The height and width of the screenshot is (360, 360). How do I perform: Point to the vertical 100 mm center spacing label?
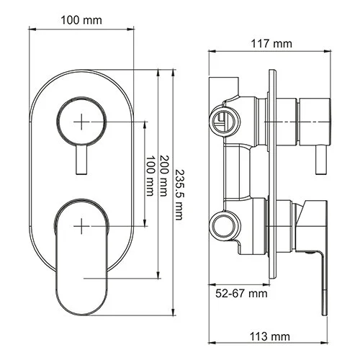[x=151, y=174]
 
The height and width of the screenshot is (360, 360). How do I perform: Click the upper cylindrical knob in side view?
[x=315, y=119]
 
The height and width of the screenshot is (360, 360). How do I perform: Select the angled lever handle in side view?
[x=311, y=230]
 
